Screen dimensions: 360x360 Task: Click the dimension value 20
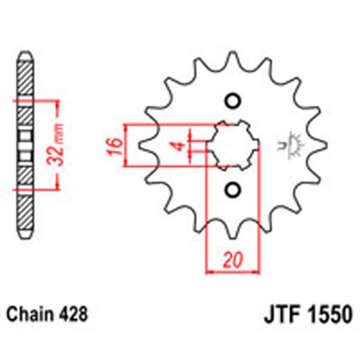(232, 261)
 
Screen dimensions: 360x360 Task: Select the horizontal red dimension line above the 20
(232, 271)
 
